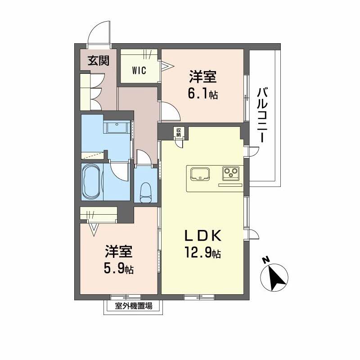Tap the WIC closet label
139,71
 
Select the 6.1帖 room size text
203,94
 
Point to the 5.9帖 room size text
119,269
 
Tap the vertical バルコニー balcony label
262,115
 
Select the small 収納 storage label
179,132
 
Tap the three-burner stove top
231,172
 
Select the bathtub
91,181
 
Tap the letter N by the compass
265,260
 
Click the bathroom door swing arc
118,171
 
